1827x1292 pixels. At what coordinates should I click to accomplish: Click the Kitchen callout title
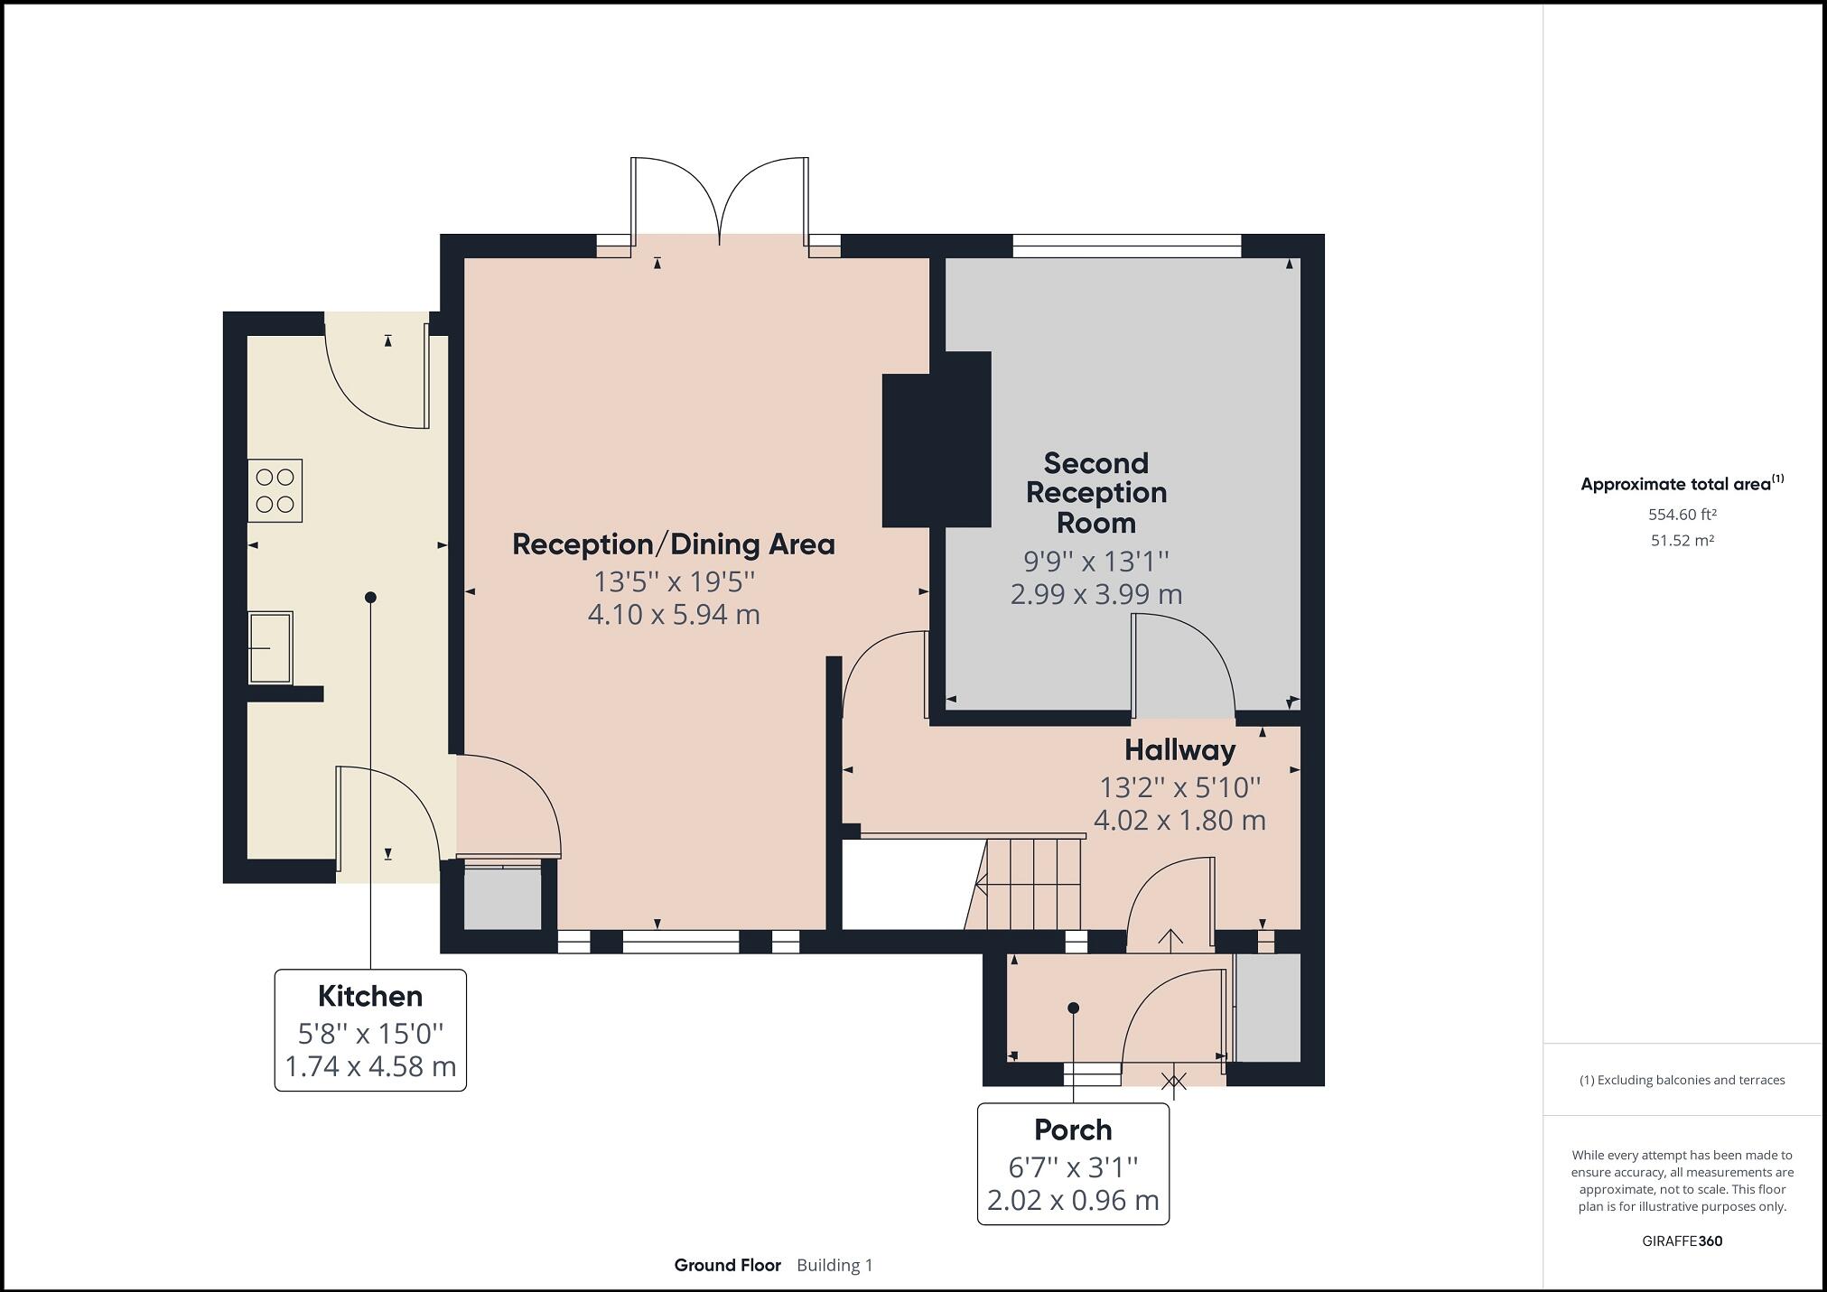[370, 996]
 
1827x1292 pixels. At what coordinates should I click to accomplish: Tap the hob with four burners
[275, 490]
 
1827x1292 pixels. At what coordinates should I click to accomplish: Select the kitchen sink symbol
[270, 647]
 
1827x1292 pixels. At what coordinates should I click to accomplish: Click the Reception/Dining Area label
[674, 544]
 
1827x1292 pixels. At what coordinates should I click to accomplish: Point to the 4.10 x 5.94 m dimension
[674, 615]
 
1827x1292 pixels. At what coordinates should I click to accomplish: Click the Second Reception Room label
[1096, 493]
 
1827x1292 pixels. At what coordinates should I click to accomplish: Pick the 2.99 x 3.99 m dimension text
[1096, 594]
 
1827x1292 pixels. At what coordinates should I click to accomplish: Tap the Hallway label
[1179, 750]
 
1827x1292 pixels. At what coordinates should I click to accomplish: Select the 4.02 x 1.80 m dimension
[1179, 821]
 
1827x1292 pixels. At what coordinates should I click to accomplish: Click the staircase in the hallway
[1024, 883]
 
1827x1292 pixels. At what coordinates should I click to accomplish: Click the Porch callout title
[1073, 1129]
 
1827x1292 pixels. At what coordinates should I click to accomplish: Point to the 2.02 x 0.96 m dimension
[1073, 1201]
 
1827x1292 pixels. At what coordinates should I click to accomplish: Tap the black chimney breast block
[937, 440]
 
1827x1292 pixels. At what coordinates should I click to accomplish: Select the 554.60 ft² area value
[1682, 515]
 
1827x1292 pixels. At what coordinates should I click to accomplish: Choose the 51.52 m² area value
[1682, 541]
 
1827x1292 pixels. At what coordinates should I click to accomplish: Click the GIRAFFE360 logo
[1682, 1241]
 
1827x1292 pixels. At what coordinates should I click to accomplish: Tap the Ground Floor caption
[727, 1265]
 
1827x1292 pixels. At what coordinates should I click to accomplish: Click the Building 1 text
[834, 1265]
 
